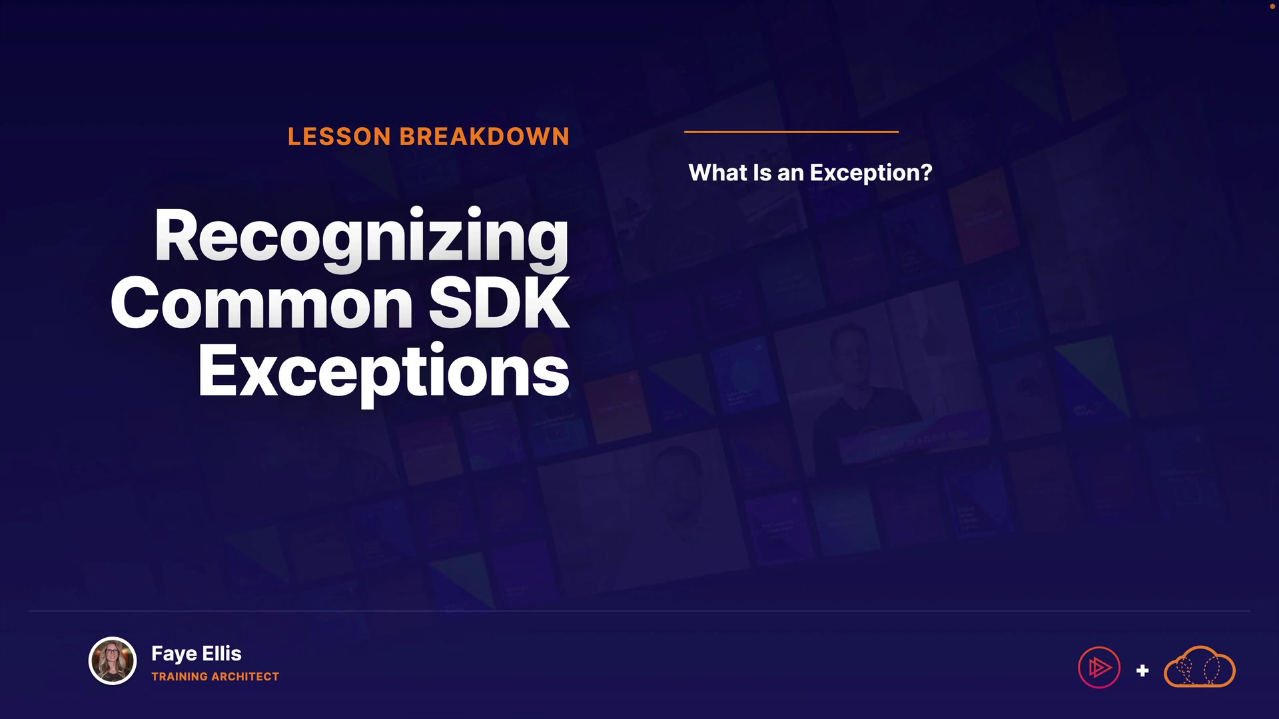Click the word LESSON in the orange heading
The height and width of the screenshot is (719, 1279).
339,136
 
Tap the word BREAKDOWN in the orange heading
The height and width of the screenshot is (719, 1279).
485,136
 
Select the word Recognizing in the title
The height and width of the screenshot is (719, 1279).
362,239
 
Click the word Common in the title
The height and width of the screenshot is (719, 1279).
262,304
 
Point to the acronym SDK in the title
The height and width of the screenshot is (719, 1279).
499,304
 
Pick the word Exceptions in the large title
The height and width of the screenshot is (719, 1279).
384,373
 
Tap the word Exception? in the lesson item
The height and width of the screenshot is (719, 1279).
871,173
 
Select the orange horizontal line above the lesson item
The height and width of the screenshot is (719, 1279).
791,132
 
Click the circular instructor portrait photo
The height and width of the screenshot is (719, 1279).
113,661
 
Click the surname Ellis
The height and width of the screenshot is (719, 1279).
222,653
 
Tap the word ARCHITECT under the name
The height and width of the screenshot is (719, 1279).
246,676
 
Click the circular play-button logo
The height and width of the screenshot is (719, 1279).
1099,668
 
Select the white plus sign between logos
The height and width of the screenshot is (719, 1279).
1142,670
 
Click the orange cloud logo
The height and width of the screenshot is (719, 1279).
1200,666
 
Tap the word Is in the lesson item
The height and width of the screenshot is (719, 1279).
762,172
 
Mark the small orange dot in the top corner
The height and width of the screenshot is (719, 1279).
1272,6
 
